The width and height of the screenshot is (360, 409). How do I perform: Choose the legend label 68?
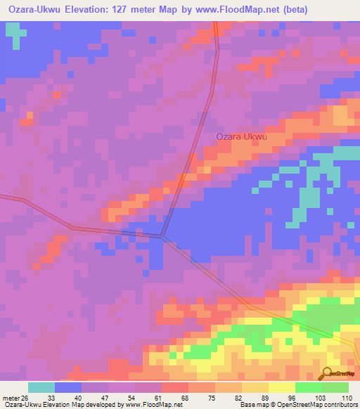point(184,397)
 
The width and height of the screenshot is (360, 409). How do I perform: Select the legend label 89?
point(264,397)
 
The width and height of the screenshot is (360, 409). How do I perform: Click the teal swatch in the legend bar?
point(41,387)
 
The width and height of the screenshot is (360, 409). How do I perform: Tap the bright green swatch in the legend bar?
point(309,387)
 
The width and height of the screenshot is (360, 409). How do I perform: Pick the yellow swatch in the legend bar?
point(282,387)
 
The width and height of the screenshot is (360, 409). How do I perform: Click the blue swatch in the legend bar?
point(68,387)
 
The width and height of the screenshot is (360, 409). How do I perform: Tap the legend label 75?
point(211,397)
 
